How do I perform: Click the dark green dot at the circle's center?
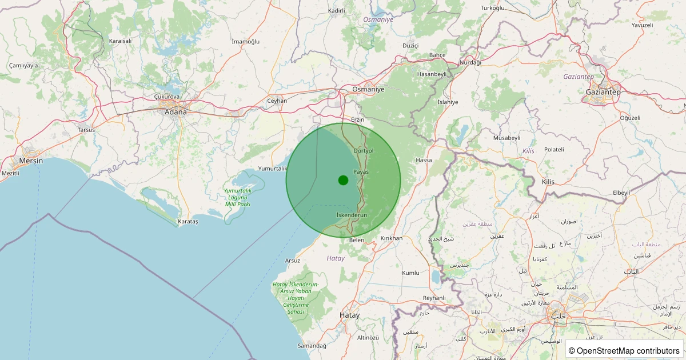pos(343,180)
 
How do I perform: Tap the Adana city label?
pos(176,112)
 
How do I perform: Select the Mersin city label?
pos(31,161)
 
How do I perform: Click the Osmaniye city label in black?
pos(368,90)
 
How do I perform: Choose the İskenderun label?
pos(352,215)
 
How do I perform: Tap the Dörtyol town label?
pos(364,150)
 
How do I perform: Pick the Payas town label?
pos(361,171)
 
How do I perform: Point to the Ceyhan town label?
pos(277,101)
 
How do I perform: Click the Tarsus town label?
pos(86,130)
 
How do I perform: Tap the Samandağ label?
pos(312,346)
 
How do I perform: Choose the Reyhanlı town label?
pos(434,298)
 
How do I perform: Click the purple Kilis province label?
pos(528,151)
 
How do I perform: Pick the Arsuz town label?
pos(292,261)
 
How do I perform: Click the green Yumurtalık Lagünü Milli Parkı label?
pos(237,197)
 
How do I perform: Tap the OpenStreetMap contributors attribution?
pos(624,350)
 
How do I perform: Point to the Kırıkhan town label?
pos(392,238)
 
